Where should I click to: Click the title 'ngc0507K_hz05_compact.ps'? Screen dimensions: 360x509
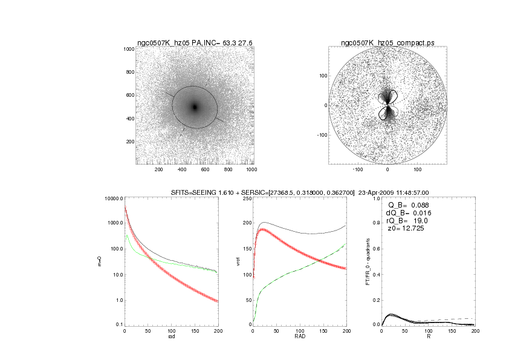tap(387, 42)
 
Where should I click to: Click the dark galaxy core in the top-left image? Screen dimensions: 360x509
tap(195, 106)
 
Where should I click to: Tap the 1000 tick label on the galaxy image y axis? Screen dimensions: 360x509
tap(128, 49)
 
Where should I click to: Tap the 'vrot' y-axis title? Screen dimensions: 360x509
tap(230, 261)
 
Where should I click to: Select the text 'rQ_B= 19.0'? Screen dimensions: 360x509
tap(406, 221)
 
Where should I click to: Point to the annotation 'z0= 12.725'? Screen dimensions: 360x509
tap(406, 229)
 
